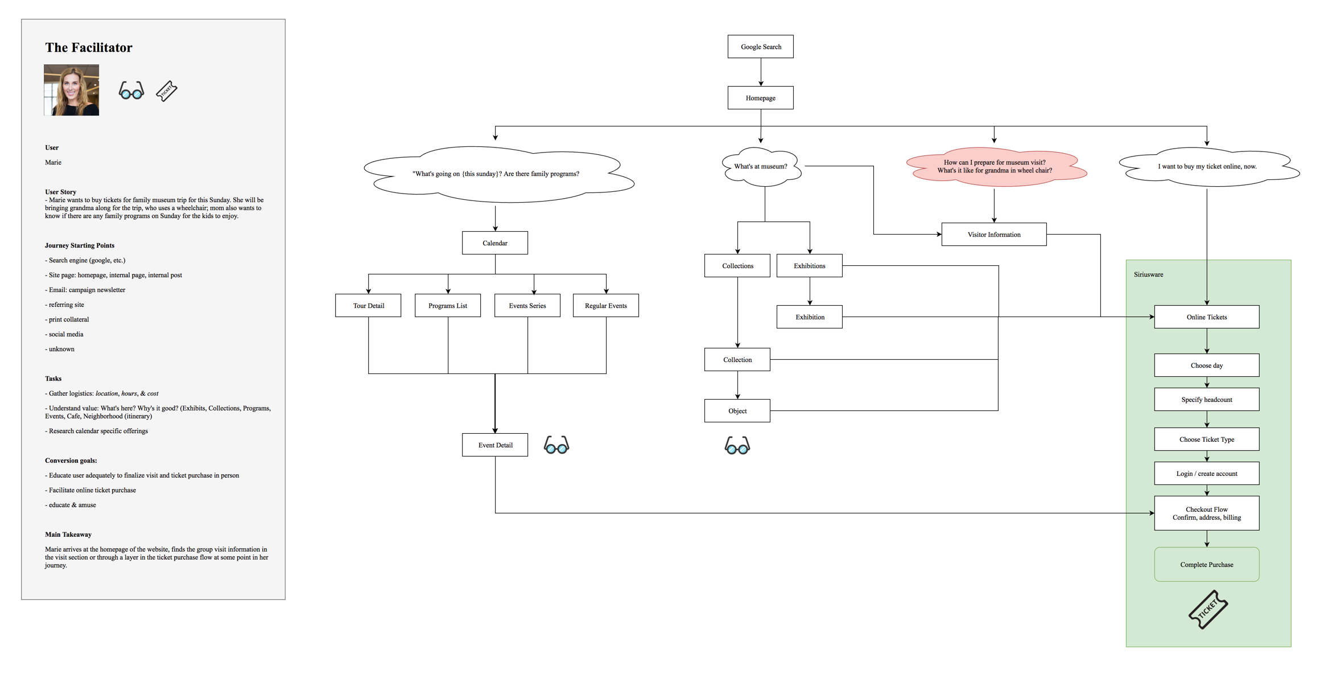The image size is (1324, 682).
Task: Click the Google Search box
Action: (760, 47)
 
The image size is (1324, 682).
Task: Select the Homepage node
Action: (760, 98)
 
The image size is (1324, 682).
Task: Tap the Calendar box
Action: (494, 243)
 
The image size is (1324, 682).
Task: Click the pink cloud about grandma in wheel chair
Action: (995, 166)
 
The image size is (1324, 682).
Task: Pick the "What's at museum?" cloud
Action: (761, 166)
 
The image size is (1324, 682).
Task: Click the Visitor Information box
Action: (993, 235)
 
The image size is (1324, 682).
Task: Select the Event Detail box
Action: (494, 445)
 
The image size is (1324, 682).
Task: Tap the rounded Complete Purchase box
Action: (1206, 565)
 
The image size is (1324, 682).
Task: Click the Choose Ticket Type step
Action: (1206, 439)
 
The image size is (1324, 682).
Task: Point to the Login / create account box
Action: (1206, 474)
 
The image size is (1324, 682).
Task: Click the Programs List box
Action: (447, 306)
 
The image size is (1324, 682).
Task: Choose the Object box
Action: (737, 411)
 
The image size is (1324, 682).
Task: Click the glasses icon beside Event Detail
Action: (556, 445)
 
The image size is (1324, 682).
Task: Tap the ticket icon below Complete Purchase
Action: (1207, 610)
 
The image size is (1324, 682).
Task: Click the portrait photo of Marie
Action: (71, 90)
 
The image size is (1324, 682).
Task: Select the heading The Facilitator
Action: (89, 48)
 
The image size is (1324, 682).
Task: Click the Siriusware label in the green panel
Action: (1148, 274)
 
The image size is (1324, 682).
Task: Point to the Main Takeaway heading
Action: (68, 535)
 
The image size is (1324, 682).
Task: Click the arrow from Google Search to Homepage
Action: (761, 72)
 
